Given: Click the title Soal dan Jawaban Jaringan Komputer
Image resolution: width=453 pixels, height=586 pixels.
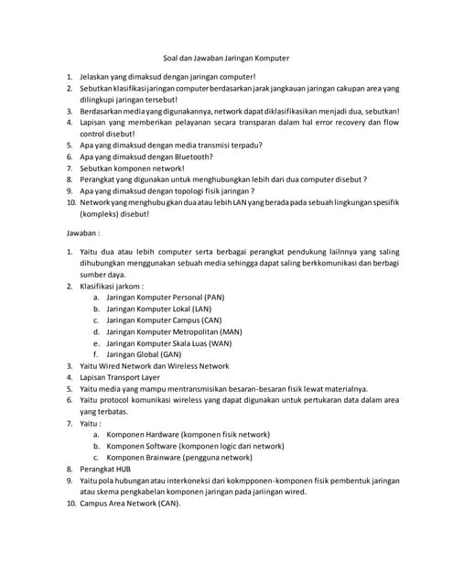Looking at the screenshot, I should (x=225, y=58).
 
